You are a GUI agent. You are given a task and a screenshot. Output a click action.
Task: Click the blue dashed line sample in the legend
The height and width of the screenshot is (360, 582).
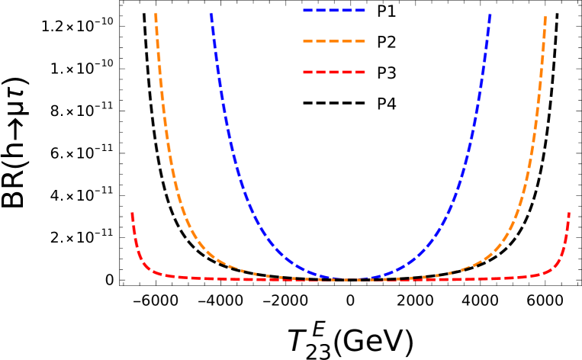334,11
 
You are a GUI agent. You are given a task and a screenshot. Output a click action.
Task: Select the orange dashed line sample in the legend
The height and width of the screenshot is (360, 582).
334,41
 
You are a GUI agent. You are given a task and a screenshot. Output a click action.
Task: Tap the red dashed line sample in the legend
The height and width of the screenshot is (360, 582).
334,72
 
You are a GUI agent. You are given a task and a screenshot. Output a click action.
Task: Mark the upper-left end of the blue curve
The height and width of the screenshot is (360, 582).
211,14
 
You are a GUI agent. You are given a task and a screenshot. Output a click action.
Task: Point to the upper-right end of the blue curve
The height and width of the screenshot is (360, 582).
490,14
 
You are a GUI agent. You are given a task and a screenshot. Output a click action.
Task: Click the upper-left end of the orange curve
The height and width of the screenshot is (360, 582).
156,14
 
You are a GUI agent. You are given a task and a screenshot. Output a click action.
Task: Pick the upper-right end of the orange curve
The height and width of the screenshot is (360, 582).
545,16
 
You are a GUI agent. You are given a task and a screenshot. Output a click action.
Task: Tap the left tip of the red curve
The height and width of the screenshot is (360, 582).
132,214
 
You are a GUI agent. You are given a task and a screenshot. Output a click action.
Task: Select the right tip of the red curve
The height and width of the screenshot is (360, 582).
569,214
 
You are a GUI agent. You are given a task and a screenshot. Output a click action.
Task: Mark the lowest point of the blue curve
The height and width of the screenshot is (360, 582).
349,279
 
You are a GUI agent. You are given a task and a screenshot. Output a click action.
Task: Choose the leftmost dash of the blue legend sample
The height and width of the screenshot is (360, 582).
308,11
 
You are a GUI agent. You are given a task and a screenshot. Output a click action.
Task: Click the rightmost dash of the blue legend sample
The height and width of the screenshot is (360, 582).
359,11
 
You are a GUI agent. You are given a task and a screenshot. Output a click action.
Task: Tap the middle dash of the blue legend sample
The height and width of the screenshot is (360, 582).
334,11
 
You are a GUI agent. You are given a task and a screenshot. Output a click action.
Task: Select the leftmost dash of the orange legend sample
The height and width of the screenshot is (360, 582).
308,41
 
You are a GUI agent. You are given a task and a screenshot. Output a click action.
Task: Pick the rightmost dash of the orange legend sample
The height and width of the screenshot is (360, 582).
359,41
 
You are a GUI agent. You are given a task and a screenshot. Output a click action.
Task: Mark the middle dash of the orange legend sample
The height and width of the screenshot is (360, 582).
334,41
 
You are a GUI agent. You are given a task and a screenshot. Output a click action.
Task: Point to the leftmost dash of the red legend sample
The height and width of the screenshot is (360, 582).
308,72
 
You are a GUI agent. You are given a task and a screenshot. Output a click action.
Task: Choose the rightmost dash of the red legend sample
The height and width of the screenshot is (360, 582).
359,72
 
